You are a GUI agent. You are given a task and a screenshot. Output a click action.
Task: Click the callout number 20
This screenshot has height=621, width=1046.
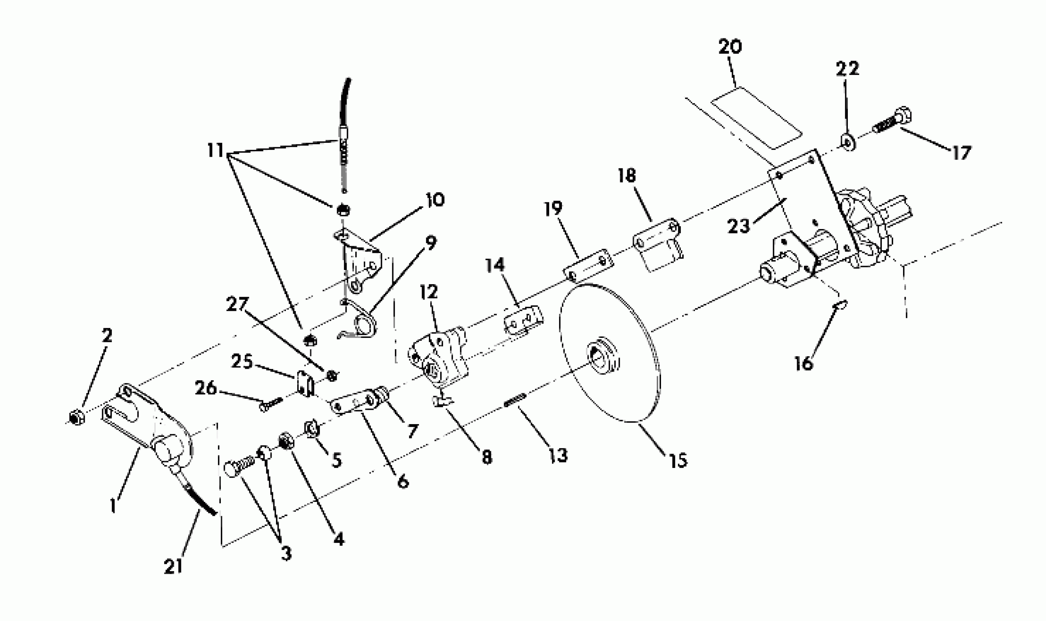tap(730, 47)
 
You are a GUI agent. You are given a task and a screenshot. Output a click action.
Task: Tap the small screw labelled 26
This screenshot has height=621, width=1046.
tap(271, 404)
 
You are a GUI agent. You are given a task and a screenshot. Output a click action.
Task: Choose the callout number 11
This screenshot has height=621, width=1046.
tap(216, 150)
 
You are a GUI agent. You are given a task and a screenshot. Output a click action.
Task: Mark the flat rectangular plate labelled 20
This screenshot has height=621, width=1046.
tap(757, 118)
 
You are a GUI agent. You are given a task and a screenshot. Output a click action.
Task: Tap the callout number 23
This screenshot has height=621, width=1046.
tap(738, 226)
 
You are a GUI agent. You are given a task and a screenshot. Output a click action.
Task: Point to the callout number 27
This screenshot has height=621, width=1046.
tap(237, 305)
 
